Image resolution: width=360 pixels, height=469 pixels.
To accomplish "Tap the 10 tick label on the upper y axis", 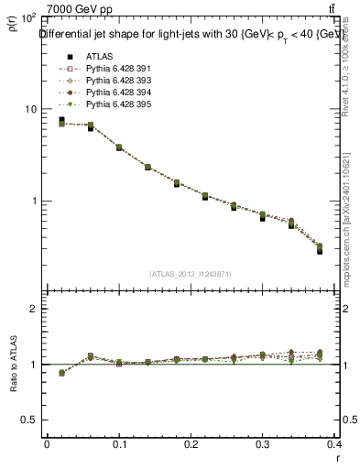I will click(28, 109).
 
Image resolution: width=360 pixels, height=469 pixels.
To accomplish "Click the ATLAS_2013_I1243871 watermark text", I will click(191, 274).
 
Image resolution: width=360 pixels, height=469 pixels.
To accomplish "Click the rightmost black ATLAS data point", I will click(320, 251).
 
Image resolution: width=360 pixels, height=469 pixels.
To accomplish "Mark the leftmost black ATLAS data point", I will click(61, 120).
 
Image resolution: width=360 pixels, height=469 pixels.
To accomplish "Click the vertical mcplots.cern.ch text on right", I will click(348, 220).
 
